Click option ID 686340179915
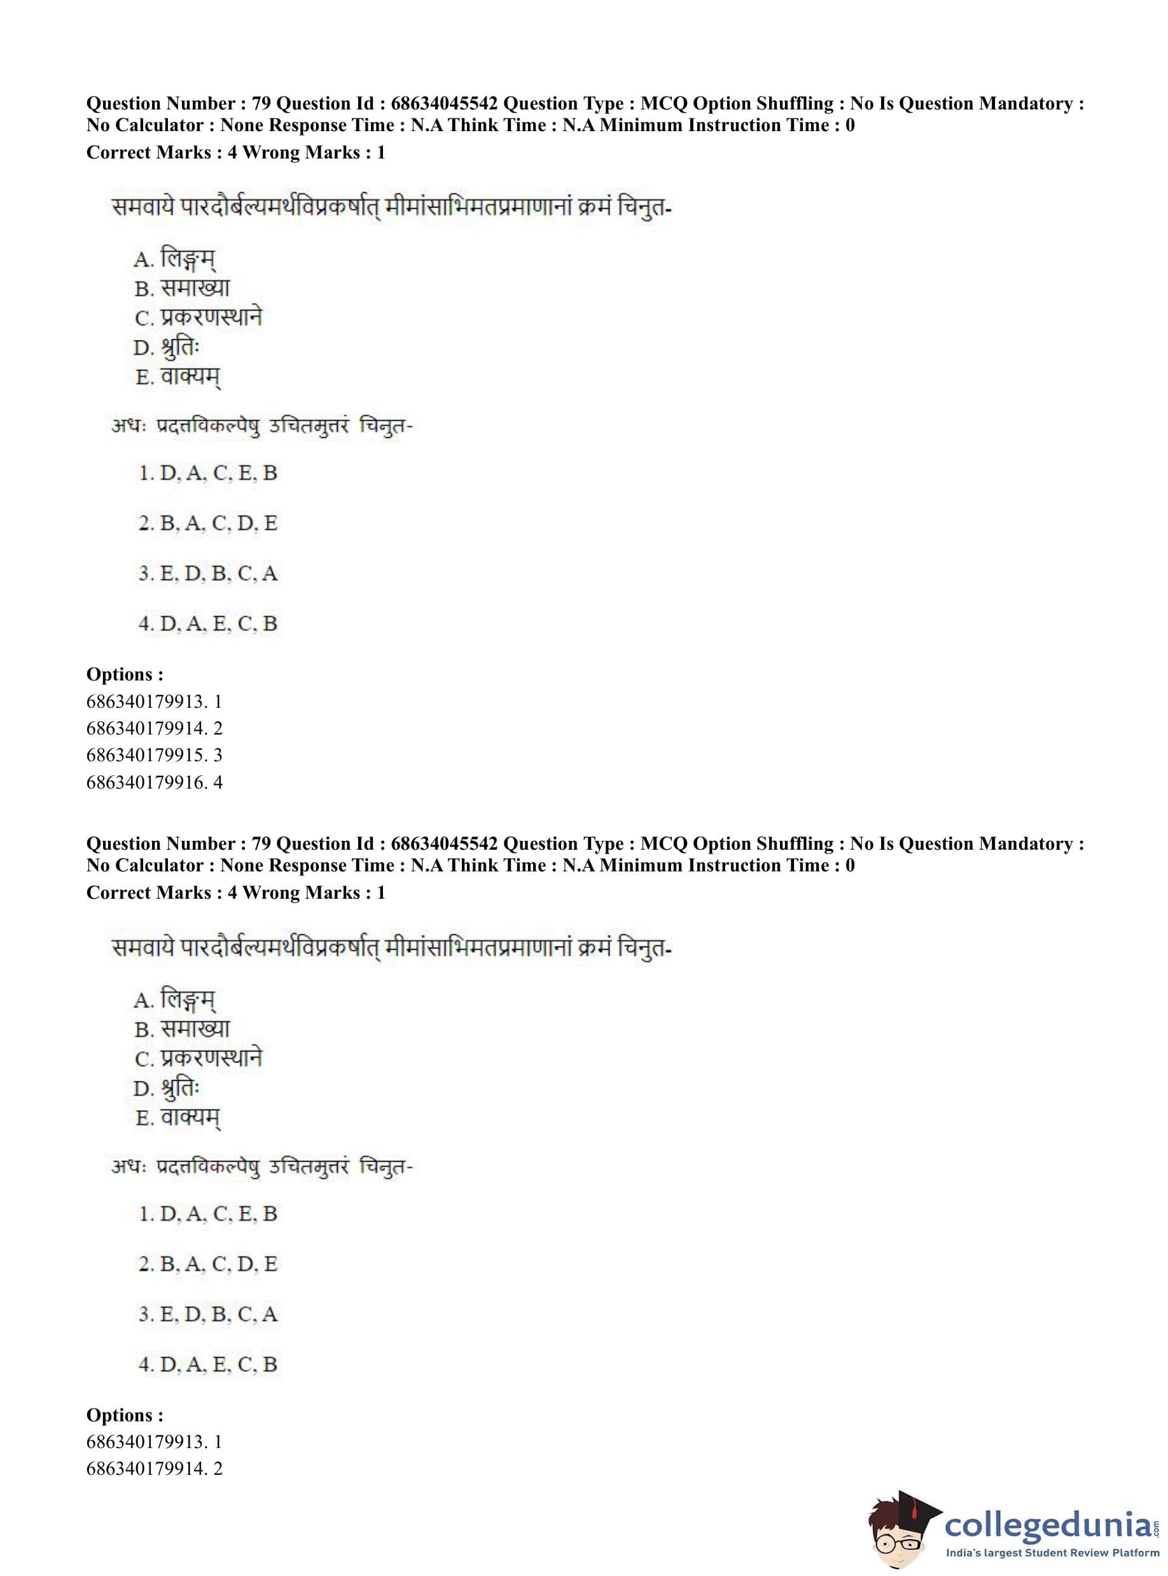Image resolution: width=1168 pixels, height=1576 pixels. tap(153, 755)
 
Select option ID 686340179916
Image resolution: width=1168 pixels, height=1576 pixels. tap(153, 782)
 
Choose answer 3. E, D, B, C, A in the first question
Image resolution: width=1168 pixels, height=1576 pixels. tap(208, 573)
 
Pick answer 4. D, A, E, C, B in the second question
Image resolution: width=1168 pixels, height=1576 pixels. tap(208, 1364)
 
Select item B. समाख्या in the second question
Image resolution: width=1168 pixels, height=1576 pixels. tap(182, 1029)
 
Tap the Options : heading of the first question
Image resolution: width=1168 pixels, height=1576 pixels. tap(125, 674)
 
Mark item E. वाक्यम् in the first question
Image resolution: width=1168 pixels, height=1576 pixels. tap(177, 377)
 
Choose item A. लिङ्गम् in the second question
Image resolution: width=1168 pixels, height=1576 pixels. tap(175, 999)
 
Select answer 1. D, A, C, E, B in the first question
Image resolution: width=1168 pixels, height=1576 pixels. tap(208, 472)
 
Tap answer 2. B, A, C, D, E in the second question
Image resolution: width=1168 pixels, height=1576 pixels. tap(208, 1263)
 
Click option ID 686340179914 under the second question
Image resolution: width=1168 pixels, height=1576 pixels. tap(153, 1468)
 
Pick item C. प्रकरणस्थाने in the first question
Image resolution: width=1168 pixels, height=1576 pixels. tap(198, 318)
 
